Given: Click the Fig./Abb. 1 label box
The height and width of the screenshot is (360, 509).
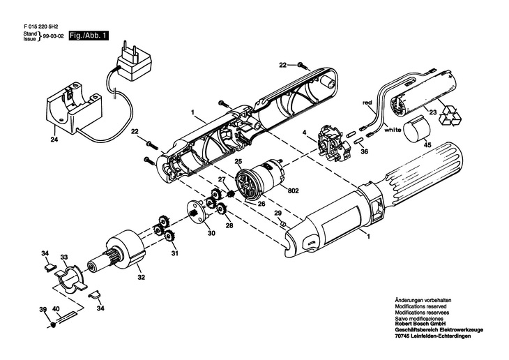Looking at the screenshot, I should tap(87, 36).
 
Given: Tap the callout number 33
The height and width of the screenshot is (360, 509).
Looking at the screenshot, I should tap(63, 257).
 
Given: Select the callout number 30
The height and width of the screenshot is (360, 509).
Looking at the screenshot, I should tap(211, 234).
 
